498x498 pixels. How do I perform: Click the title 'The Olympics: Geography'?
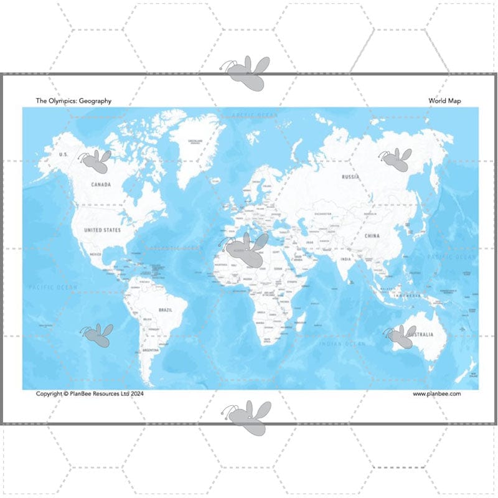(73, 101)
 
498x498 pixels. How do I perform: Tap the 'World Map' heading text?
(444, 101)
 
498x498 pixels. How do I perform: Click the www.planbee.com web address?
(436, 393)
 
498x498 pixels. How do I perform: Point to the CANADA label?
(101, 185)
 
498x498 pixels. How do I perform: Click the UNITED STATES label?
(103, 230)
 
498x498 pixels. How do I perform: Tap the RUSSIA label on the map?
(350, 177)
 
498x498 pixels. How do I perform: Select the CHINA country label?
(372, 236)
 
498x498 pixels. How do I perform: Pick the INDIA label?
(345, 259)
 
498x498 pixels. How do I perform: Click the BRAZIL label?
(166, 309)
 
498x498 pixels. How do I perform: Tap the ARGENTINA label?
(151, 351)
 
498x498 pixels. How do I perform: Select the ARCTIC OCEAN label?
(254, 115)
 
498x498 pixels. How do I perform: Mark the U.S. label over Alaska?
(63, 154)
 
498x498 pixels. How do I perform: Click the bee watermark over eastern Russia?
(396, 160)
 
